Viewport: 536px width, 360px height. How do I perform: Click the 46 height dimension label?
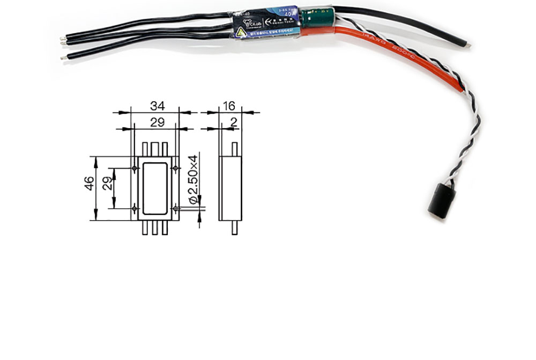[x=90, y=185]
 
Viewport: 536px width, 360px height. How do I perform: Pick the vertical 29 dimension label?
[x=107, y=185]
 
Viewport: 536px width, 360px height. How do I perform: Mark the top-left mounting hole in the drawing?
[x=134, y=168]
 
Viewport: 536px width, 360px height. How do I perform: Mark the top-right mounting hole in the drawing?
[x=176, y=168]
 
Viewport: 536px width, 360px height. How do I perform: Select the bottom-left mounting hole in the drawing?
[x=134, y=207]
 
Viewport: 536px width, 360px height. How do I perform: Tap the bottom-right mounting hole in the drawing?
[x=176, y=207]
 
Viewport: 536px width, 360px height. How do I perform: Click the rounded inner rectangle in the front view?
[x=155, y=187]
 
